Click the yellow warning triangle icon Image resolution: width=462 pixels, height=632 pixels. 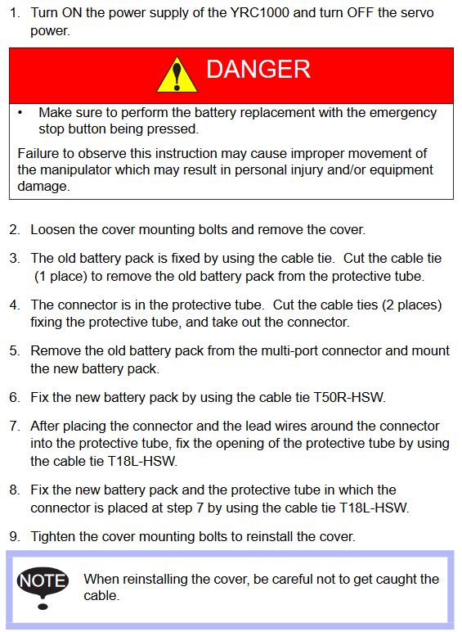coord(177,75)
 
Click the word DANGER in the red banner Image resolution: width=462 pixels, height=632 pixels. coord(258,69)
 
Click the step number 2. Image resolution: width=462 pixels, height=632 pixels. coord(15,230)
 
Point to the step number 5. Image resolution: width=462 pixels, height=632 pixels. coord(15,350)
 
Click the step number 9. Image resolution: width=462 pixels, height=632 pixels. coord(15,536)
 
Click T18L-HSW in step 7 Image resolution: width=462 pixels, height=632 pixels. coord(142,461)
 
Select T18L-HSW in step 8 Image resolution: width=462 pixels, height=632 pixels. coord(374,508)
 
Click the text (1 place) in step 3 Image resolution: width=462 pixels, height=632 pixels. coord(61,277)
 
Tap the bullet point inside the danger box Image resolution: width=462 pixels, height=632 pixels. coord(20,113)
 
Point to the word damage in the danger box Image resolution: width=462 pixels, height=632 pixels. coord(43,186)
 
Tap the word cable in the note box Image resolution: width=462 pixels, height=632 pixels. coord(101,596)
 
